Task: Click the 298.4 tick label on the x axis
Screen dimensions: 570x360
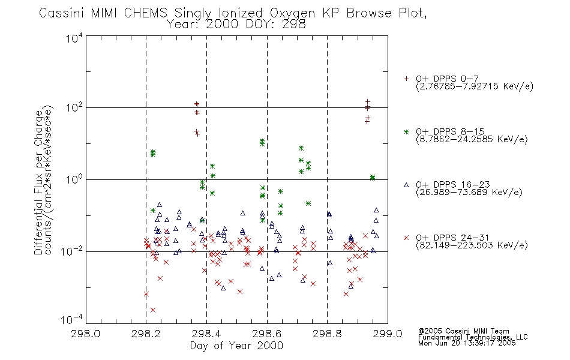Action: pos(206,334)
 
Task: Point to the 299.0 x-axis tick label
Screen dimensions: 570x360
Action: pos(388,334)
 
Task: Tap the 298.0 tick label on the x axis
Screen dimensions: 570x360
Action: pos(85,334)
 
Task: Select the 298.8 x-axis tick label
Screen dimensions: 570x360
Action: pos(327,334)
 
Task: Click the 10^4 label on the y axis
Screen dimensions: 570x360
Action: pos(74,38)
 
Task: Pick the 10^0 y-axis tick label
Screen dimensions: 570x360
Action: pos(74,179)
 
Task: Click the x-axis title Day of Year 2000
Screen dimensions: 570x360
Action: pos(236,346)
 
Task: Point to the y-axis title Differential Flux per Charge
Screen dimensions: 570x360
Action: pos(38,182)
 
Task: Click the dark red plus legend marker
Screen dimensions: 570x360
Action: pos(406,79)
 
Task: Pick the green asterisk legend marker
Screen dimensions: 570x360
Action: pos(406,131)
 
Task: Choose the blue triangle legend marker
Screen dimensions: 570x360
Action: pos(406,185)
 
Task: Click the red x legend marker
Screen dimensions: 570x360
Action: pos(406,238)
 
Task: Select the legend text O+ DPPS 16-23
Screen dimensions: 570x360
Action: pos(453,184)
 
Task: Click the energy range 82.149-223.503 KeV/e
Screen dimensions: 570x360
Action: pos(472,245)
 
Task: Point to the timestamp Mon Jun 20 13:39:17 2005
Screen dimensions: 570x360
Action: pos(467,343)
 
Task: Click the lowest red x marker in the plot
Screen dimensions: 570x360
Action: pos(153,310)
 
